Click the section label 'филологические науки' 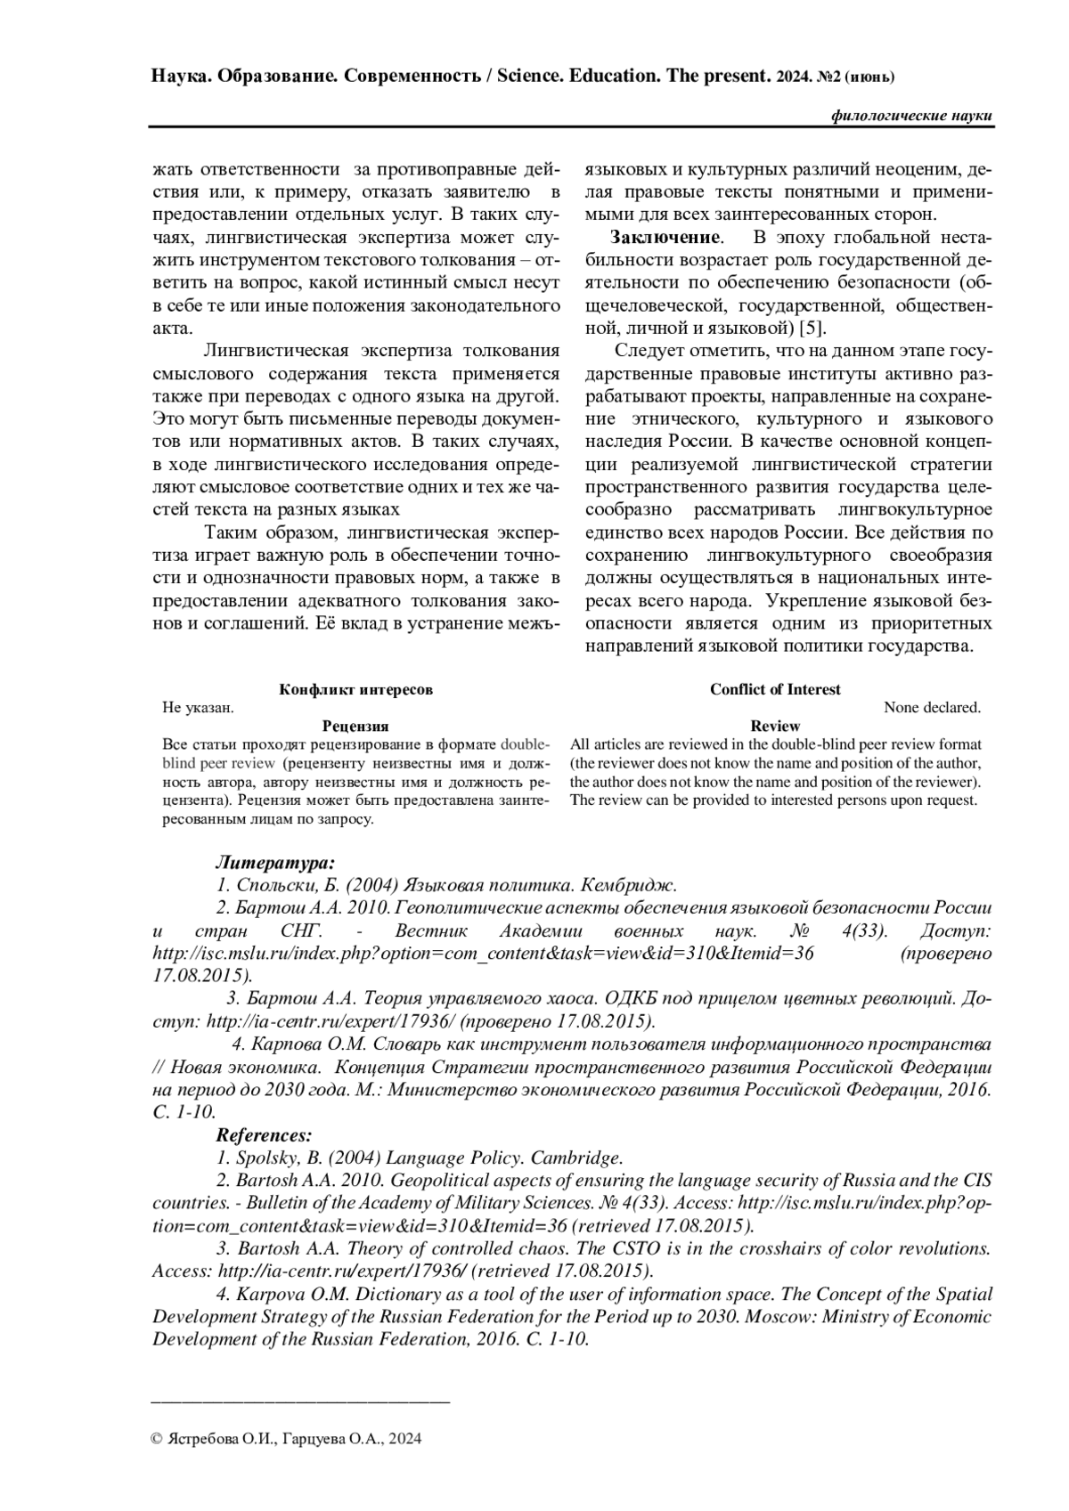910,117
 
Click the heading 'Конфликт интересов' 356,690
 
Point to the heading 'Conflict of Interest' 775,689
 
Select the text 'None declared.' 932,708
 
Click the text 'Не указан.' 198,708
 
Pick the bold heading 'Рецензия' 355,727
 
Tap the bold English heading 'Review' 775,727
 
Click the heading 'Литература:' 275,863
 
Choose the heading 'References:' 265,1136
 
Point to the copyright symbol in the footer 157,1439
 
